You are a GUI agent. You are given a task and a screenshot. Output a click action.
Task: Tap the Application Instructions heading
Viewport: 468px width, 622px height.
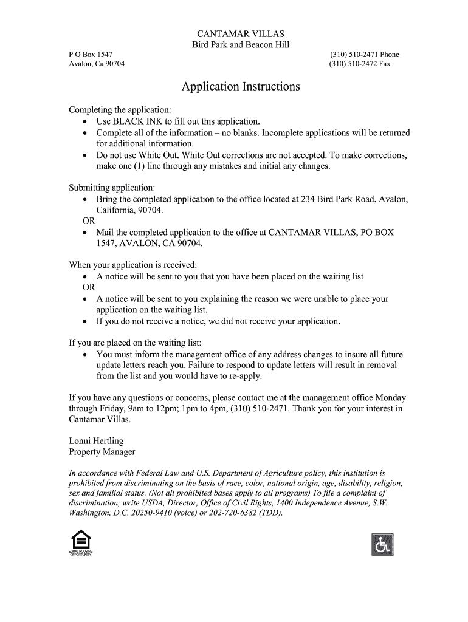pyautogui.click(x=241, y=86)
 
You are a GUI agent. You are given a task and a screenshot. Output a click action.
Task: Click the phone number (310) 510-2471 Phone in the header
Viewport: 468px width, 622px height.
pyautogui.click(x=364, y=55)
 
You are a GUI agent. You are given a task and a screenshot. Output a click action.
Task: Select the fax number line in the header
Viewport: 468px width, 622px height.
pyautogui.click(x=360, y=64)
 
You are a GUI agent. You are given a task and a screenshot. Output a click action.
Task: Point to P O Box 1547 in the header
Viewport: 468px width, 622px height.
pyautogui.click(x=91, y=55)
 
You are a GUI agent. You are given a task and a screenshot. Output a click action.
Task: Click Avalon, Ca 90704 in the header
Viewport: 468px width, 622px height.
pyautogui.click(x=97, y=64)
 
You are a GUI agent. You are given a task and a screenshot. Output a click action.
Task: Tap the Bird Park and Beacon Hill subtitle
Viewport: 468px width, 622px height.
pyautogui.click(x=241, y=44)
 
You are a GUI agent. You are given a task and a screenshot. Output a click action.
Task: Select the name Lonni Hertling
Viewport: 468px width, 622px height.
pyautogui.click(x=96, y=441)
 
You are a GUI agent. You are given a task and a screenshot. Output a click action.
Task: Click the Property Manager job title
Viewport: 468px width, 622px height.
pyautogui.click(x=102, y=452)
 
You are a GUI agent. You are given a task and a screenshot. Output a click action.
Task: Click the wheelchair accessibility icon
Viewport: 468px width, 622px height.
pyautogui.click(x=382, y=544)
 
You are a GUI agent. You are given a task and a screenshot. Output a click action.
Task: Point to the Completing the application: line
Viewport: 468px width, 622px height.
pyautogui.click(x=120, y=110)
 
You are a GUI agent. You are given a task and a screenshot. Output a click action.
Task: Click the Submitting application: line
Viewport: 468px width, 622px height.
pyautogui.click(x=112, y=188)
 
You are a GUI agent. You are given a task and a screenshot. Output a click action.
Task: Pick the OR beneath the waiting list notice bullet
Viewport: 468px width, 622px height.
pyautogui.click(x=89, y=287)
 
